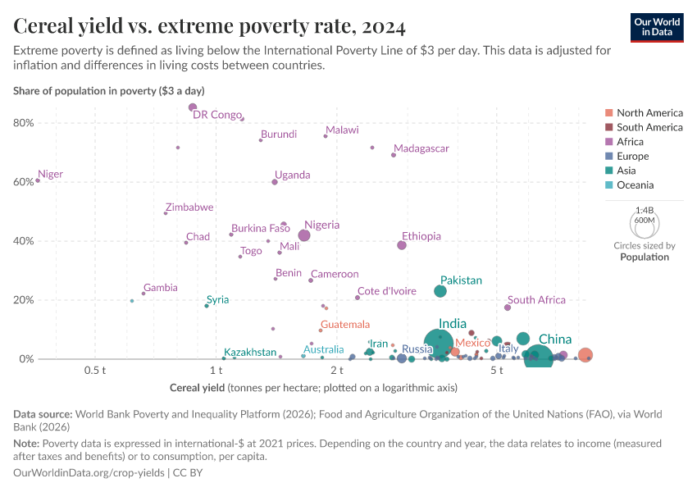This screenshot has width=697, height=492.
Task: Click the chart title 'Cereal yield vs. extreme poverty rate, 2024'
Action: point(209,27)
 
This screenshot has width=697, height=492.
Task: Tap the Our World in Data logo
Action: point(657,27)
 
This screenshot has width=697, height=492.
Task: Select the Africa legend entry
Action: point(630,142)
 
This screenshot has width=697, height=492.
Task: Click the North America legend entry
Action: point(649,113)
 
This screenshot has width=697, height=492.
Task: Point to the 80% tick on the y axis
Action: point(23,123)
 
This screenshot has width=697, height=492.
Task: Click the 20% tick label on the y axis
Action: point(23,300)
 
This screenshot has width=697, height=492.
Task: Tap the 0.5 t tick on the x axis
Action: point(96,371)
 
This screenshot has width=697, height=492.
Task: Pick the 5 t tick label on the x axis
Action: point(497,371)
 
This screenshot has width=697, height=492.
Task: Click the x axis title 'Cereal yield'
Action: point(197,387)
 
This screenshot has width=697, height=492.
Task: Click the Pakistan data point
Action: point(440,291)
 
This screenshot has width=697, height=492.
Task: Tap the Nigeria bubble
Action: point(304,235)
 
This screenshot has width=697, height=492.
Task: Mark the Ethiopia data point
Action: point(402,245)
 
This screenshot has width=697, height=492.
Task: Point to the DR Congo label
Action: point(217,115)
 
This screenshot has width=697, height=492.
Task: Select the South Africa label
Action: point(537,300)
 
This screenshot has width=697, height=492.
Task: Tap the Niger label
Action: point(51,175)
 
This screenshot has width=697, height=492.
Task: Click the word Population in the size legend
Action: point(644,257)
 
